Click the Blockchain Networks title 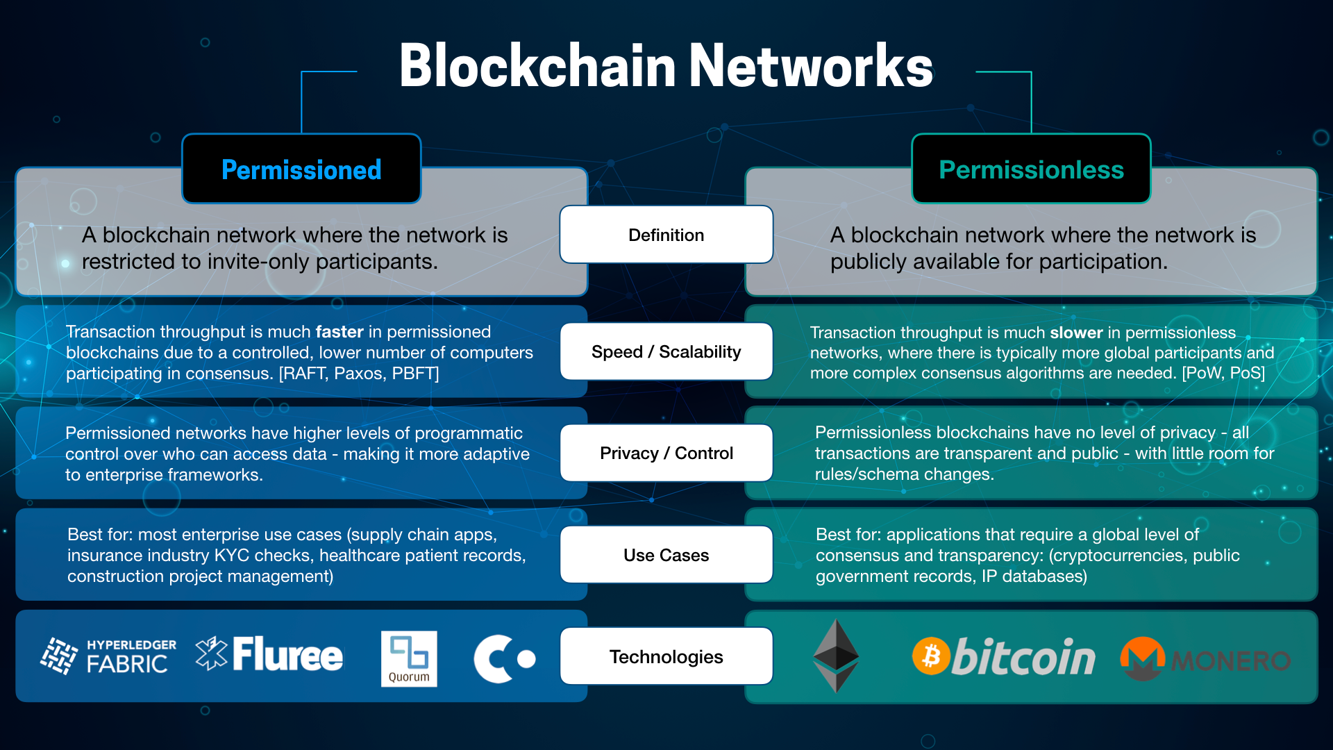pyautogui.click(x=665, y=65)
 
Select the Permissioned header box pyautogui.click(x=301, y=169)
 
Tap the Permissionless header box pyautogui.click(x=1031, y=169)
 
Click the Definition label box pyautogui.click(x=666, y=235)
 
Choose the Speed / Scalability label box pyautogui.click(x=666, y=352)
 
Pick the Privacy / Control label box pyautogui.click(x=666, y=453)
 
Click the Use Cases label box pyautogui.click(x=666, y=555)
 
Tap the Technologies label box pyautogui.click(x=666, y=656)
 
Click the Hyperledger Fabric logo pyautogui.click(x=108, y=656)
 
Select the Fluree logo pyautogui.click(x=269, y=654)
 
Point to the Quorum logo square pyautogui.click(x=409, y=658)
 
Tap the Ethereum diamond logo pyautogui.click(x=836, y=656)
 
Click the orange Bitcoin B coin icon pyautogui.click(x=931, y=656)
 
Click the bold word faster pyautogui.click(x=339, y=332)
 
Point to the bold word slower pyautogui.click(x=1076, y=333)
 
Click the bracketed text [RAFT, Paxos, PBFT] pyautogui.click(x=359, y=374)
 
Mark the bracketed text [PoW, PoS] pyautogui.click(x=1223, y=373)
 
